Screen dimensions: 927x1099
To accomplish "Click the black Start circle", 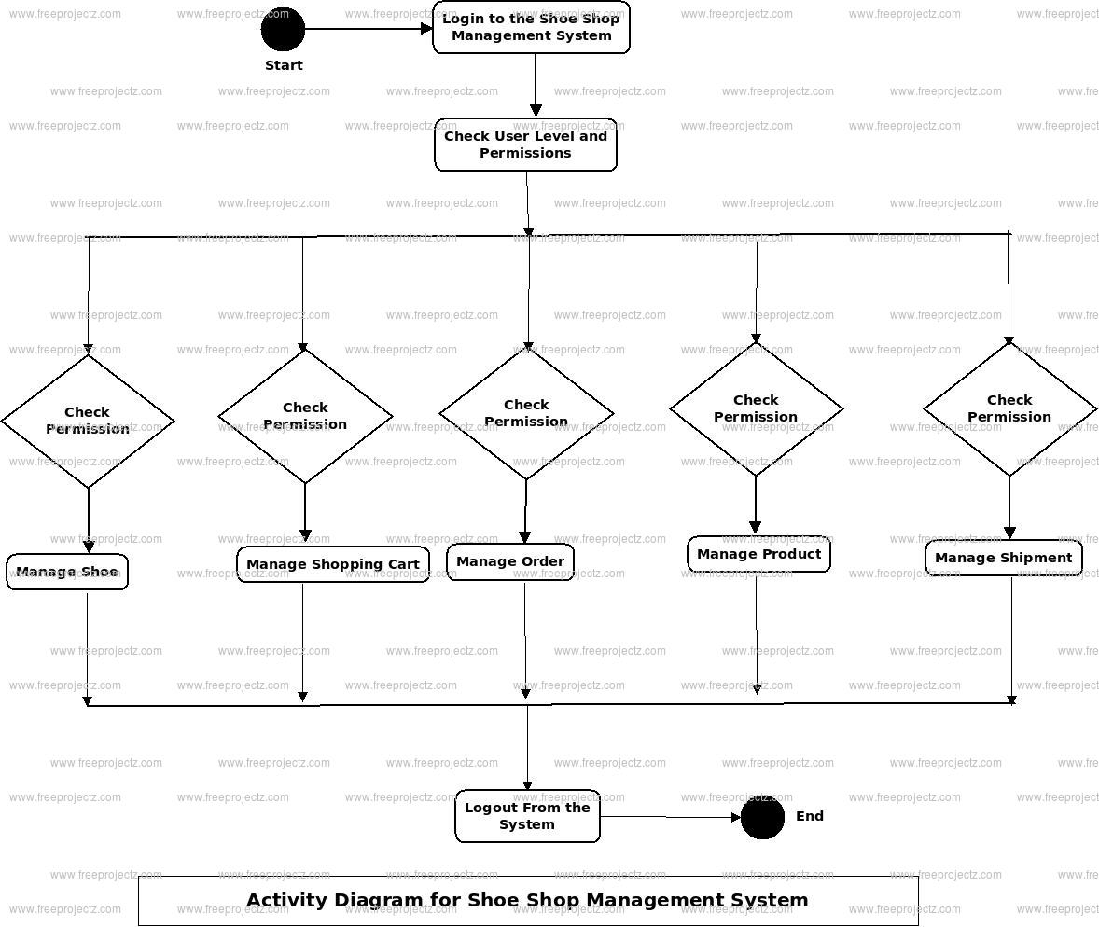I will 283,29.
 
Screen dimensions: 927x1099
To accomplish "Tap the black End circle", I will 762,817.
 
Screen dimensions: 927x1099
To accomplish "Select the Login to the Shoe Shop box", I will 531,28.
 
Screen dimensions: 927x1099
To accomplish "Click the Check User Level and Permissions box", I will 525,145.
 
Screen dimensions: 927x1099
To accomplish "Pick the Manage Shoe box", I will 67,572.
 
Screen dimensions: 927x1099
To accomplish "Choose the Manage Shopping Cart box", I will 333,564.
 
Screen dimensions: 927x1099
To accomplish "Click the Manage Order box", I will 510,561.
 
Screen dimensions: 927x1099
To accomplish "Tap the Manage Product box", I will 758,554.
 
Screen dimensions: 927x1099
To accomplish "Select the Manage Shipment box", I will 1003,558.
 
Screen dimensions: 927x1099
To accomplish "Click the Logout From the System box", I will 527,816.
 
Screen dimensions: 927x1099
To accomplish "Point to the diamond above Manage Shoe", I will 88,421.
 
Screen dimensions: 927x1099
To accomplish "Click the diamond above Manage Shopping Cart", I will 305,416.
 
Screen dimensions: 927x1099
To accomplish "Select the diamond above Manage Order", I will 526,413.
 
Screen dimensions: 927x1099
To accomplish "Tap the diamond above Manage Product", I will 756,408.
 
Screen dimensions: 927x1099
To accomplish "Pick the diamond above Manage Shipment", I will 1009,408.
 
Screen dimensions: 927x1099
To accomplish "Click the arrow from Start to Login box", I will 369,29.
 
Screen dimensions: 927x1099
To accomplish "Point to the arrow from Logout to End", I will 670,817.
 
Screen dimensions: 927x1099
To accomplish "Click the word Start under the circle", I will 284,65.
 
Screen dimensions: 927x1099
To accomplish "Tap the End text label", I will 809,816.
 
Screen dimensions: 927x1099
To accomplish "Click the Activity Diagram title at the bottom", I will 527,900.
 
